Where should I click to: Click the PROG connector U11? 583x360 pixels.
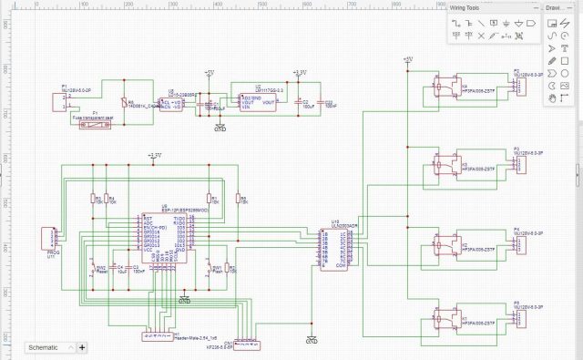53,236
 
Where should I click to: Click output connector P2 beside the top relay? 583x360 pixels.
522,85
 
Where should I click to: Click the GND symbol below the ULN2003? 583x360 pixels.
312,341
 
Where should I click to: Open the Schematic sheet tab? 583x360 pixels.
45,347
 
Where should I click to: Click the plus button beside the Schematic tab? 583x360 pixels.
82,347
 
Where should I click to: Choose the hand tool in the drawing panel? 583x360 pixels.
552,98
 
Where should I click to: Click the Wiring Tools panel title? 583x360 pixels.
471,7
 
